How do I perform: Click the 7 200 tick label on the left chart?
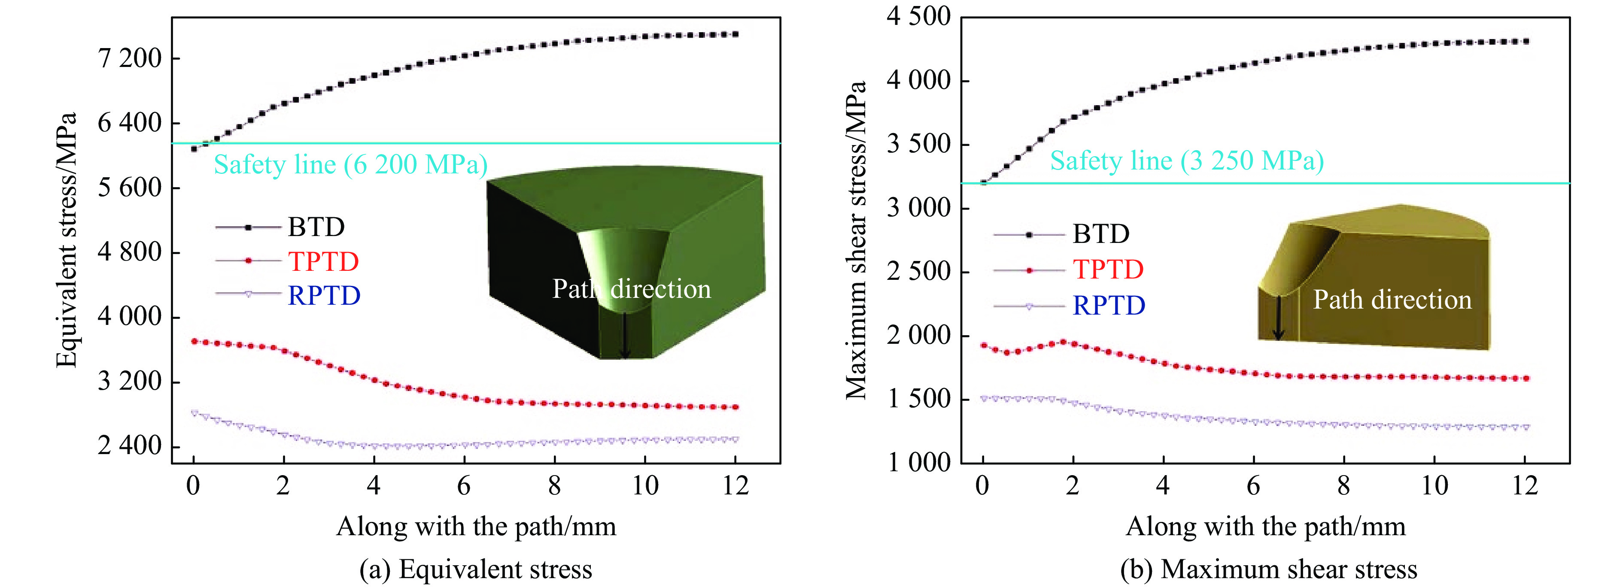click(130, 58)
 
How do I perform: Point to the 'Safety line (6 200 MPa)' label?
click(350, 164)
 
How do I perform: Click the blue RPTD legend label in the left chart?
click(324, 295)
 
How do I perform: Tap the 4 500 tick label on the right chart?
click(918, 16)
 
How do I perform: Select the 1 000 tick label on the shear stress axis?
click(918, 462)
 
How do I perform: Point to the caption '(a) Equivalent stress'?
click(476, 569)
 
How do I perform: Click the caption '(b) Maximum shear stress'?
click(1268, 569)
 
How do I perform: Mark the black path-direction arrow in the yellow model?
click(1278, 318)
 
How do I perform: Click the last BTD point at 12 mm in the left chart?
click(735, 34)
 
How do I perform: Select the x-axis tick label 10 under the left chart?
click(645, 485)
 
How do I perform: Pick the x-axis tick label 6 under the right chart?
click(1253, 485)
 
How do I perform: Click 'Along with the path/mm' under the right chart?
click(1265, 526)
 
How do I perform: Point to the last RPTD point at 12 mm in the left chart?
click(735, 439)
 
